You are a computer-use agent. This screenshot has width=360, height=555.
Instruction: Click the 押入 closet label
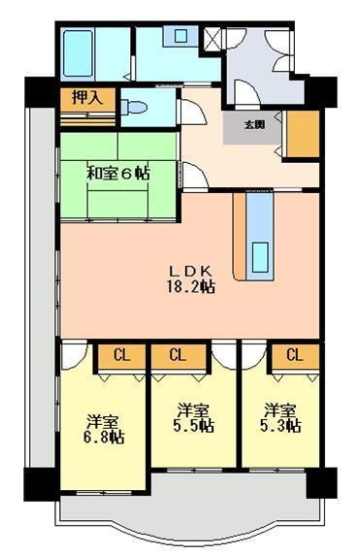(76, 97)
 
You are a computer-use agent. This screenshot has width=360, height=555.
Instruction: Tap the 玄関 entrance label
(254, 124)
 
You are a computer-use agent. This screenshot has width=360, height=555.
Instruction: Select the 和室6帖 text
(116, 174)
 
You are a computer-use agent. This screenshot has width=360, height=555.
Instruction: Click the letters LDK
(190, 271)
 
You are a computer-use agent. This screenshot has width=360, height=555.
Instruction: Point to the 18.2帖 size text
(190, 287)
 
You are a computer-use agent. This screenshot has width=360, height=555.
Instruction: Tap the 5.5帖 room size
(193, 425)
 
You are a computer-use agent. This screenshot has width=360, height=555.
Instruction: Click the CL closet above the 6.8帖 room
(122, 355)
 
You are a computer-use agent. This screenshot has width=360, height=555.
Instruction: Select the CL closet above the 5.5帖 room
(177, 355)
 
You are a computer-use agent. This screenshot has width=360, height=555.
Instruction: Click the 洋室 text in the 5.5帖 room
(193, 408)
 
